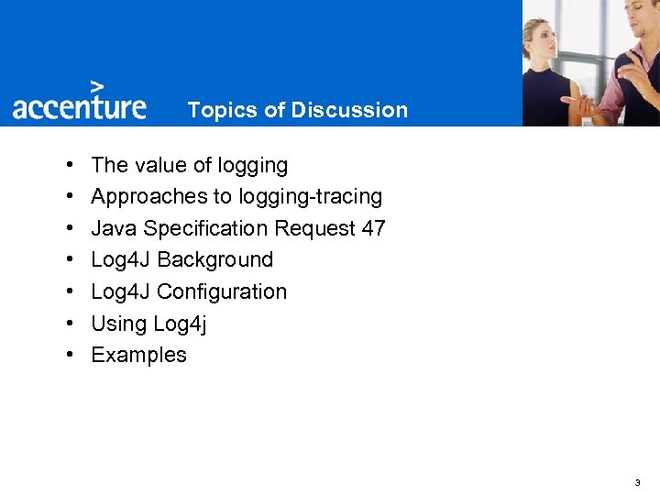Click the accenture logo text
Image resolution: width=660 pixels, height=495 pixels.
click(x=79, y=107)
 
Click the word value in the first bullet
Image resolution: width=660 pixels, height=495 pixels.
click(x=160, y=165)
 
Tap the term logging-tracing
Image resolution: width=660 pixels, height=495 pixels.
click(x=310, y=196)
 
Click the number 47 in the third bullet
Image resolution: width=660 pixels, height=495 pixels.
click(x=373, y=228)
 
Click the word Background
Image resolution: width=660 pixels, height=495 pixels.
click(x=215, y=259)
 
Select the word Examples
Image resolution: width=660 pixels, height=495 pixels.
click(x=138, y=355)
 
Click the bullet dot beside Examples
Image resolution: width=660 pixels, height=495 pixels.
click(x=71, y=356)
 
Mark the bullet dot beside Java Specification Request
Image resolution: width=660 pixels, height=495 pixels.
click(x=71, y=229)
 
